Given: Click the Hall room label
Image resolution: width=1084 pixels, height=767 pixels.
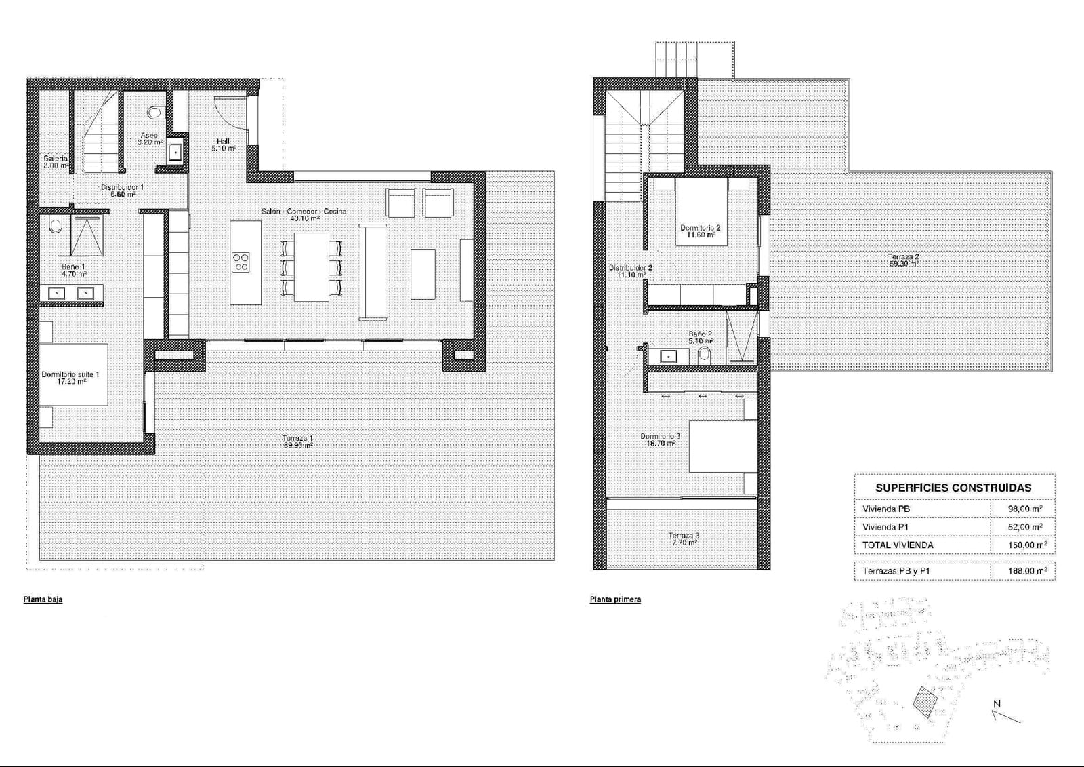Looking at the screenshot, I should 223,144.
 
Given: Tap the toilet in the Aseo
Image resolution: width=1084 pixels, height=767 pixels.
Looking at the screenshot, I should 155,111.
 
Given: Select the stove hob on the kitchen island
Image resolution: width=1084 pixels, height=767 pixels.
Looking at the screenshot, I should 241,262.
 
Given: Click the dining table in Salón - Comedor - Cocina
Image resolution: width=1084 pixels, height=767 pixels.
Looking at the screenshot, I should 311,267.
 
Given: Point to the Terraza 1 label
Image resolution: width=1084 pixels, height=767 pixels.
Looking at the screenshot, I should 297,441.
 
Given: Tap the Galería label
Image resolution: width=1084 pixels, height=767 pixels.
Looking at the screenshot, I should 55,161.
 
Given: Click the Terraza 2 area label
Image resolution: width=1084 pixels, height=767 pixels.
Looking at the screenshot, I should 903,260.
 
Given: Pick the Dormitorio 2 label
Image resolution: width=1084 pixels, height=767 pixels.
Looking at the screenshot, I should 700,231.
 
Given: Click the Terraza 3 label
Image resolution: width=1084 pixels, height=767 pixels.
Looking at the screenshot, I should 683,539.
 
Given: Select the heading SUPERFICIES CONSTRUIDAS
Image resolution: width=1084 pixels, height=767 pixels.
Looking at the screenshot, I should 953,488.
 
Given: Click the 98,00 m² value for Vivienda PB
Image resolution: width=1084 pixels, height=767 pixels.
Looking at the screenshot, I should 1026,509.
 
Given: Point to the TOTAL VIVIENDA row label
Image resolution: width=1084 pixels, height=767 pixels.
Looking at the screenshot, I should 898,545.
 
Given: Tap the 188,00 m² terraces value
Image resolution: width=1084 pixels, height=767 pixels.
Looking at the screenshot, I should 1027,571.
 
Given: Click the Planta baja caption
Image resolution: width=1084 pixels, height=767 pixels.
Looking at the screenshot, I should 43,599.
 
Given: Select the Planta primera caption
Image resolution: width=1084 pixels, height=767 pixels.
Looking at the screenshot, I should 615,599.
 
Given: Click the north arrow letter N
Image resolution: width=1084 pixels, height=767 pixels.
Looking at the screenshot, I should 997,703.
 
